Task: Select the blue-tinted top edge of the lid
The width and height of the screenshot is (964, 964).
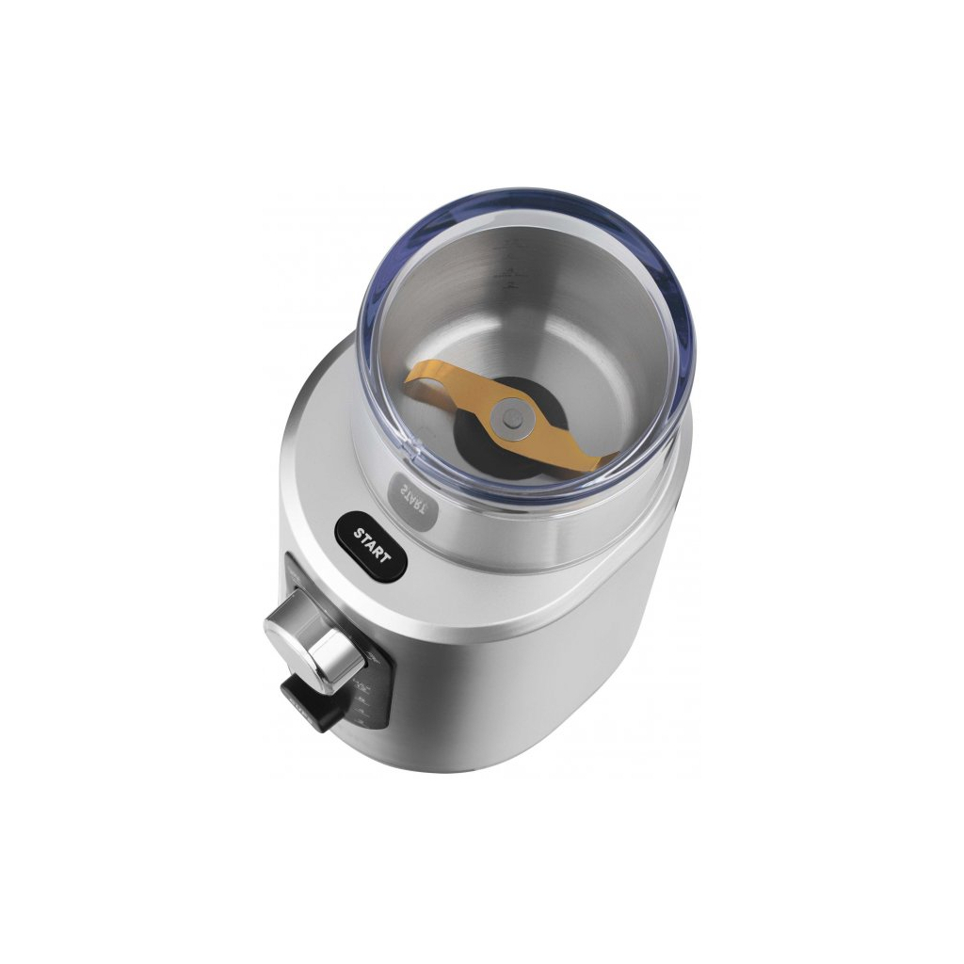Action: click(x=527, y=201)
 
